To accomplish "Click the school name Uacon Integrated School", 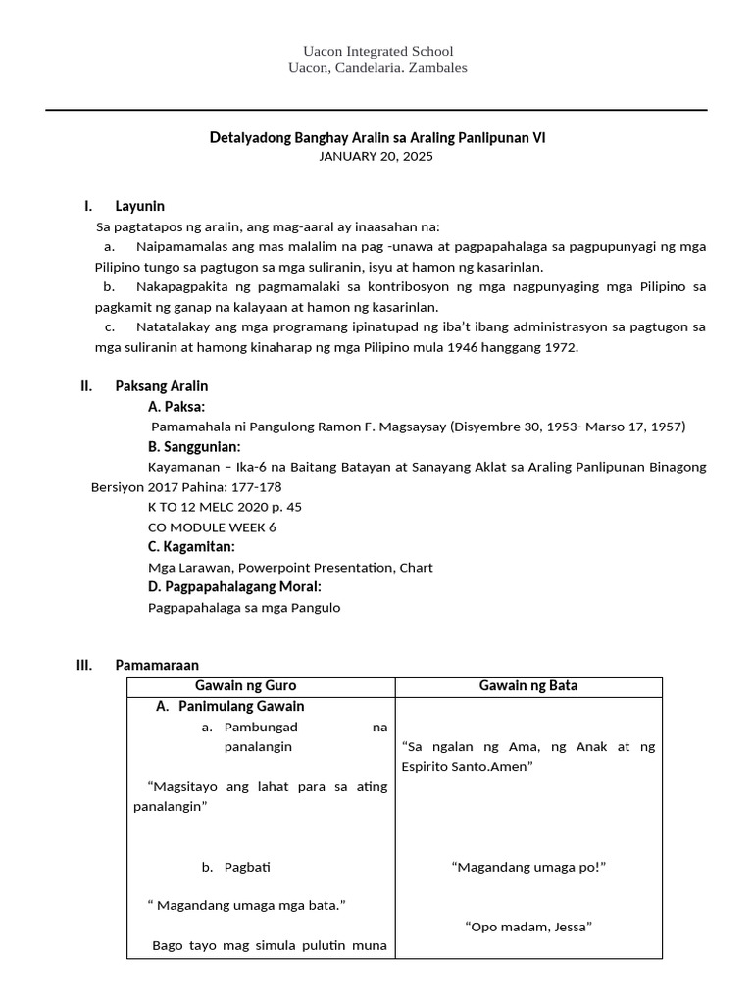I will [377, 51].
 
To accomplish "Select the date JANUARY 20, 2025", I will [376, 156].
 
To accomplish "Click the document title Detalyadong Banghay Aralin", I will [377, 138].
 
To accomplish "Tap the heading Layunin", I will [139, 206].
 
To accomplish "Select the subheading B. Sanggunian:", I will [194, 447].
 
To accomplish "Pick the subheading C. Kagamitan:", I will [191, 546].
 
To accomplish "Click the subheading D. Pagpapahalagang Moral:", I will [234, 586].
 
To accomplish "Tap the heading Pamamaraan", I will [156, 665].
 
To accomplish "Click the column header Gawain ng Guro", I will [260, 686].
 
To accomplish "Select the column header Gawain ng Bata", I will [528, 686].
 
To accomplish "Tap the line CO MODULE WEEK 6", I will [212, 527].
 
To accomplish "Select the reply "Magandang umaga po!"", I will [528, 867].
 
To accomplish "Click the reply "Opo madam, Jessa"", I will [528, 926].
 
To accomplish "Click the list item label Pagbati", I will [247, 867].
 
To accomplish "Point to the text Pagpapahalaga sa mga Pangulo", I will [244, 607].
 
